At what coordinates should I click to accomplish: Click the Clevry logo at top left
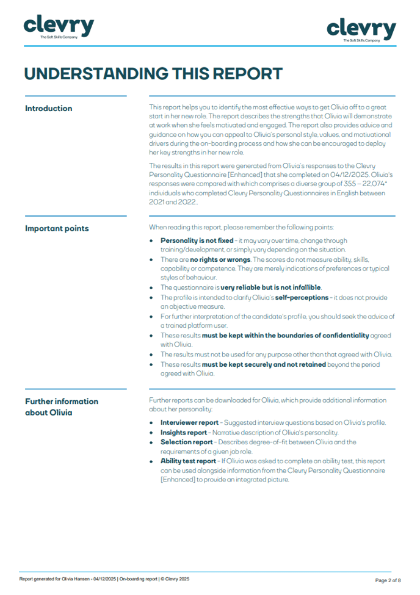tap(59, 26)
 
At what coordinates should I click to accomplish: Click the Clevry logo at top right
tap(361, 29)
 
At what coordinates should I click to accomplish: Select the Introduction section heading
tap(48, 109)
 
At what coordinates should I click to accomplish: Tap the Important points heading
tap(57, 229)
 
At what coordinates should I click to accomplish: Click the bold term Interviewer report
tap(189, 422)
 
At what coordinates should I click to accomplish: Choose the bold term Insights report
tap(184, 432)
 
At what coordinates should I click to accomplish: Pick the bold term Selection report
tap(186, 442)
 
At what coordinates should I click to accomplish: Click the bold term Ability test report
tap(188, 461)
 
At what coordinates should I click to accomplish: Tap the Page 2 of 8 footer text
tap(387, 580)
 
